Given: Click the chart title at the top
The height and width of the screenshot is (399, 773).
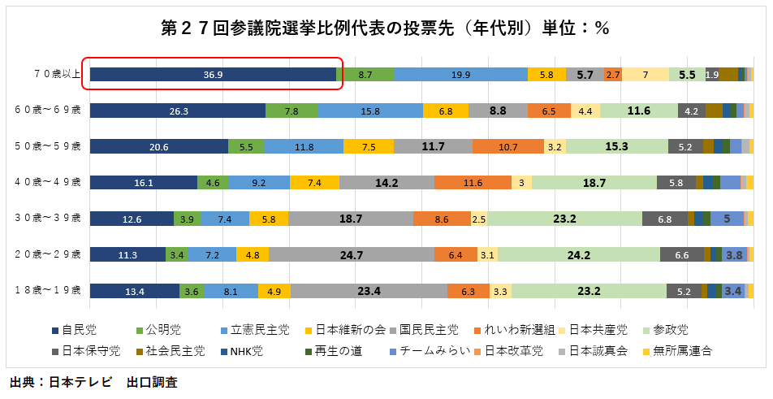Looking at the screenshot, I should [x=386, y=28].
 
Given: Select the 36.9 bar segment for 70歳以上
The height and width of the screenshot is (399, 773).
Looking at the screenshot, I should [x=213, y=74].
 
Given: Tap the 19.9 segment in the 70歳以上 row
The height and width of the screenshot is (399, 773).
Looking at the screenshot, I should [x=460, y=74].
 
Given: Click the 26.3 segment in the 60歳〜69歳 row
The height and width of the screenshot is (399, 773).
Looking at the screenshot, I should [x=178, y=111].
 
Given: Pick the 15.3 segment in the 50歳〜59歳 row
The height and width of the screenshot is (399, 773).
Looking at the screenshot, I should [x=617, y=146].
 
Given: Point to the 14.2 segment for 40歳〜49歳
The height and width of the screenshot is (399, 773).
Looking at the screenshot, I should [x=386, y=183].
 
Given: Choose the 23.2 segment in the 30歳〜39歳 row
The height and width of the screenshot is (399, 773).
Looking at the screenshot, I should [x=564, y=219].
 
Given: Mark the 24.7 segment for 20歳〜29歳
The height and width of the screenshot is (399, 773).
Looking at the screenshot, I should [x=351, y=254].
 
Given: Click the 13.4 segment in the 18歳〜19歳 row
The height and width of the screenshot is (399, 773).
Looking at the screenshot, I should [x=134, y=291].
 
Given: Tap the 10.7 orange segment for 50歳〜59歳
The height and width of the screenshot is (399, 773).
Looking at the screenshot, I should [x=507, y=146].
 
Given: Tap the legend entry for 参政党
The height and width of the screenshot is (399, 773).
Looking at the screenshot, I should [x=671, y=330].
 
